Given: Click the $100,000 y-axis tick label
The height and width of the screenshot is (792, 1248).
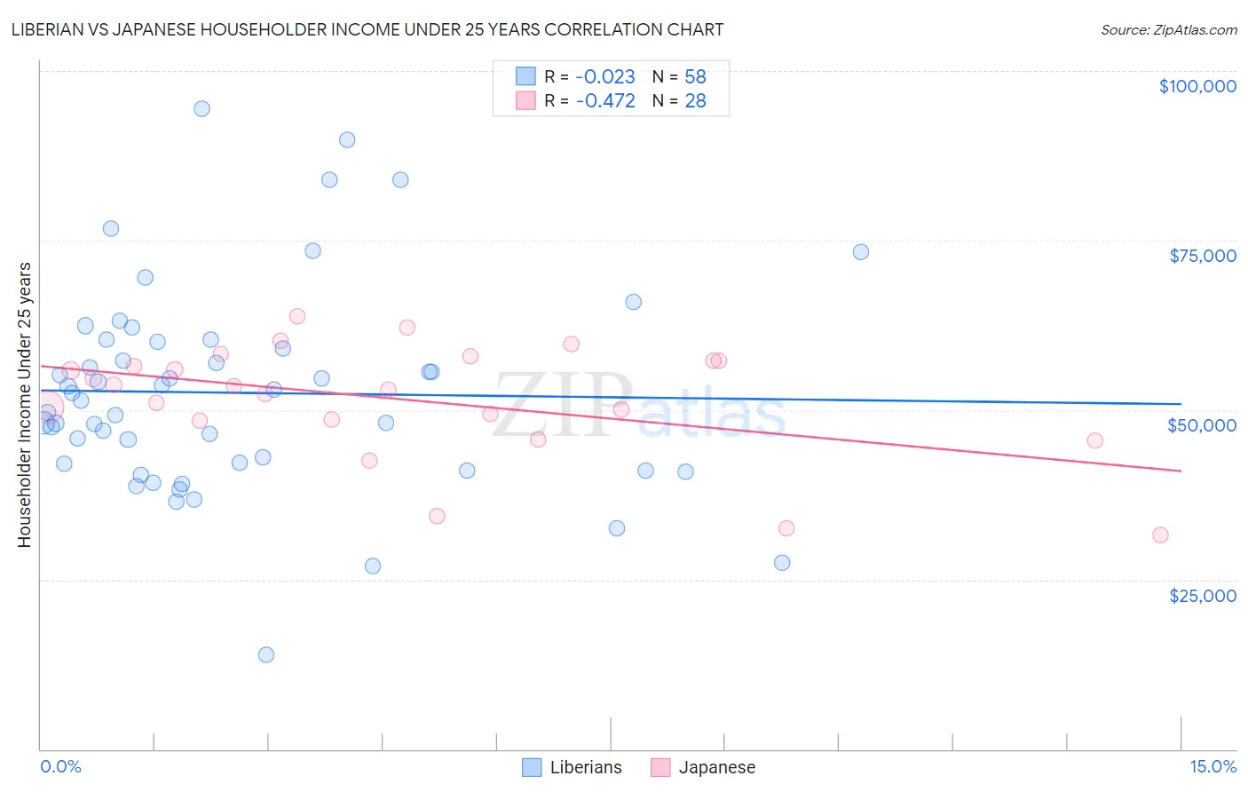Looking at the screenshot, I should [x=1197, y=86].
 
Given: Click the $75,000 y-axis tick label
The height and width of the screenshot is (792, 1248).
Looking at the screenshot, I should [x=1202, y=256].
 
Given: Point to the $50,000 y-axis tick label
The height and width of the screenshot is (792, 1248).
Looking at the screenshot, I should [x=1201, y=425].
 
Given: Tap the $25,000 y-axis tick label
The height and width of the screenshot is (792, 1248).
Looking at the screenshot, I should [x=1202, y=596].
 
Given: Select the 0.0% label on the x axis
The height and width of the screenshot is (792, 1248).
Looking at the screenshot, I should [x=60, y=766].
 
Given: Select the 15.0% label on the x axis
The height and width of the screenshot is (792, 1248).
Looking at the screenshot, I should [x=1212, y=766].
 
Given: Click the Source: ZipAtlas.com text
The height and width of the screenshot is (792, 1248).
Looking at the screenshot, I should [x=1168, y=30].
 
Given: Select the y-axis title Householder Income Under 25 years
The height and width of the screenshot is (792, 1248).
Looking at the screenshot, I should [x=25, y=405].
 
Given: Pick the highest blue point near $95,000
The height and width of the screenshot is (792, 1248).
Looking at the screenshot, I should [x=201, y=108].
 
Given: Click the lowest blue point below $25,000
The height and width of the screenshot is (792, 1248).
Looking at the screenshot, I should [x=266, y=654].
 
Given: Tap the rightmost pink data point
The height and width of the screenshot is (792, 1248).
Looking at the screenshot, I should [x=1160, y=535].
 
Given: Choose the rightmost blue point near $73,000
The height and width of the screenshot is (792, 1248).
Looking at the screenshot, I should [x=861, y=251].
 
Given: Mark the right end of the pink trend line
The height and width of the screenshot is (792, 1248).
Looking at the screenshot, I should [x=1181, y=471].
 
